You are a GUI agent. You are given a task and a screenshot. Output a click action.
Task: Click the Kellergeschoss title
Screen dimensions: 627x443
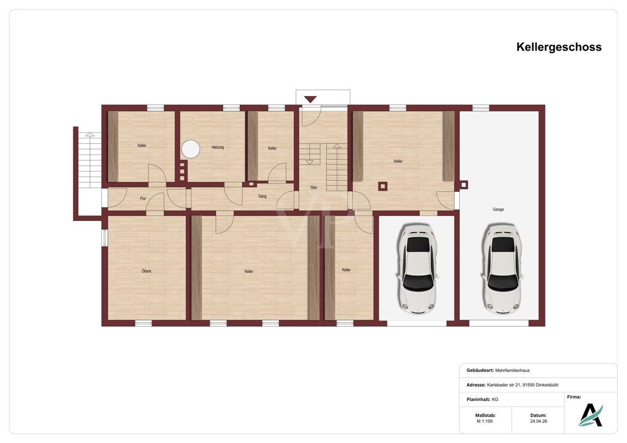coord(559,47)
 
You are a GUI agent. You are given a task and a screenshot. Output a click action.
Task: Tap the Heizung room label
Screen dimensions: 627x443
coord(217,147)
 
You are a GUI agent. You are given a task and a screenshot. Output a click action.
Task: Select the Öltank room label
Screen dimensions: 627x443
coord(146,271)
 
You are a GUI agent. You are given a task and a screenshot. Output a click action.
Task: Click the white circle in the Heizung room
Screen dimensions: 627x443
coord(191,149)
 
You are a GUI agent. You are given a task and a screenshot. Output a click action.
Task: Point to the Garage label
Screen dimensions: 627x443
coord(498,209)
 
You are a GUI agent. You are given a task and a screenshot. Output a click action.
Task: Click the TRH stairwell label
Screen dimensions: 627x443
coord(313,188)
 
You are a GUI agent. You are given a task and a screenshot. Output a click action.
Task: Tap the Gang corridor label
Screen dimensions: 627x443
coord(262,196)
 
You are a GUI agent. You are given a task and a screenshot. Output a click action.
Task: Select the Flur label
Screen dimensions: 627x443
coord(143,199)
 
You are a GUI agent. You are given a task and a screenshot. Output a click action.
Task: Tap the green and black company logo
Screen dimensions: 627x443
coord(590,415)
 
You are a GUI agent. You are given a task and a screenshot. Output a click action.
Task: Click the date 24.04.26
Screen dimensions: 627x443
coord(538,421)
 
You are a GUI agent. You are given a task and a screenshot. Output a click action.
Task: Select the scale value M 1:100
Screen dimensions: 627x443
coord(484,421)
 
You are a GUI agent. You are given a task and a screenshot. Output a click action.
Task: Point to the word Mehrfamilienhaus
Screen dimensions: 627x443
coord(512,370)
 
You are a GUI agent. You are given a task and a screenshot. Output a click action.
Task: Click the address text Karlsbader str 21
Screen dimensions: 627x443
coord(504,385)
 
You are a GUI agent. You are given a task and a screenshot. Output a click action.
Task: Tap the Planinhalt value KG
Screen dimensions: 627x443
coord(495,400)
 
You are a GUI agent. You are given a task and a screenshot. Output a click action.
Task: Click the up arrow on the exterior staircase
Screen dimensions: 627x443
coord(90,134)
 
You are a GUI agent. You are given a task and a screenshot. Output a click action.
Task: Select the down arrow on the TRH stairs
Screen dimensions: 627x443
coord(310,162)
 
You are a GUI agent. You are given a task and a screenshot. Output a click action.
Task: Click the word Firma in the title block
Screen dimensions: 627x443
coord(574,397)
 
